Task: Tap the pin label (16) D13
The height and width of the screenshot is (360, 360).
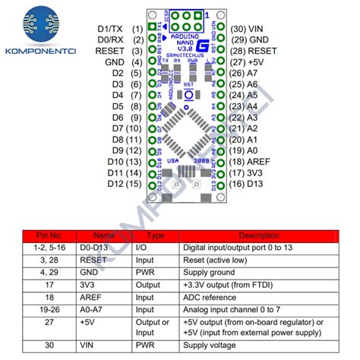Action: click(252, 184)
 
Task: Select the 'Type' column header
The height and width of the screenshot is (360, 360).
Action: click(155, 235)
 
